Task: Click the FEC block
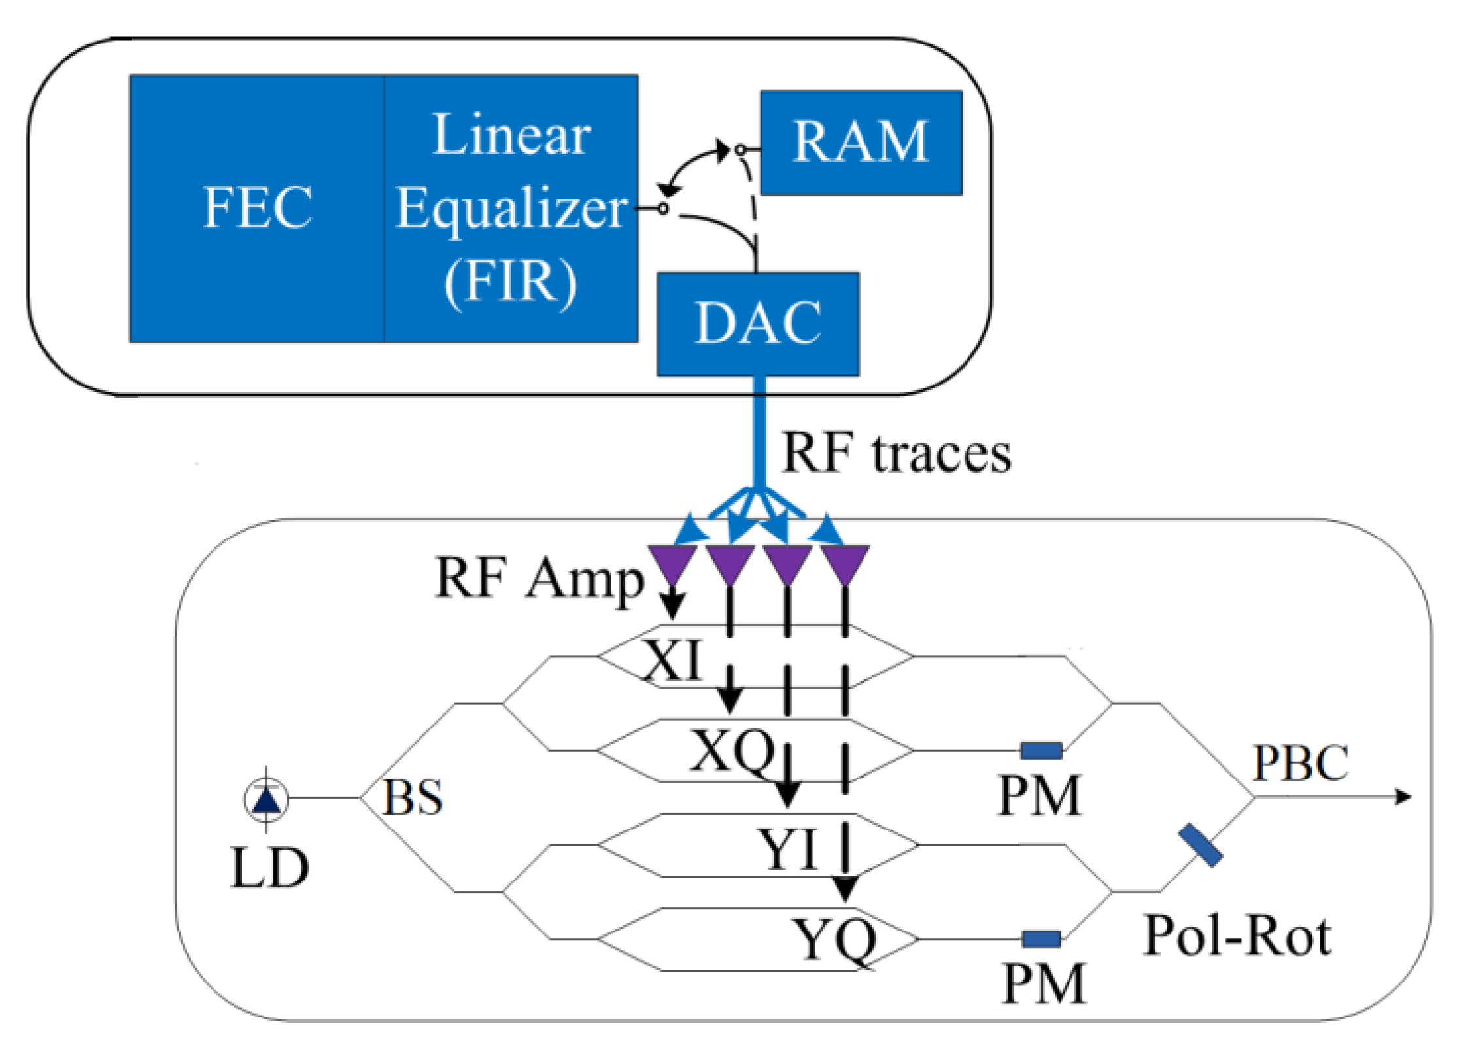pos(257,208)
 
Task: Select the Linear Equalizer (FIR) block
pos(511,208)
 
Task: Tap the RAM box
pos(861,142)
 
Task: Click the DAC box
pos(757,324)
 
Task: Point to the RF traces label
pos(896,453)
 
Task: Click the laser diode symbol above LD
pos(266,799)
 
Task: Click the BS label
pos(412,798)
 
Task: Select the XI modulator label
pos(673,660)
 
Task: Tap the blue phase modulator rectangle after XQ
pos(1042,751)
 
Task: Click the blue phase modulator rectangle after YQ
pos(1042,939)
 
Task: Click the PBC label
pos(1300,762)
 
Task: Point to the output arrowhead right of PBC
pos(1403,797)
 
